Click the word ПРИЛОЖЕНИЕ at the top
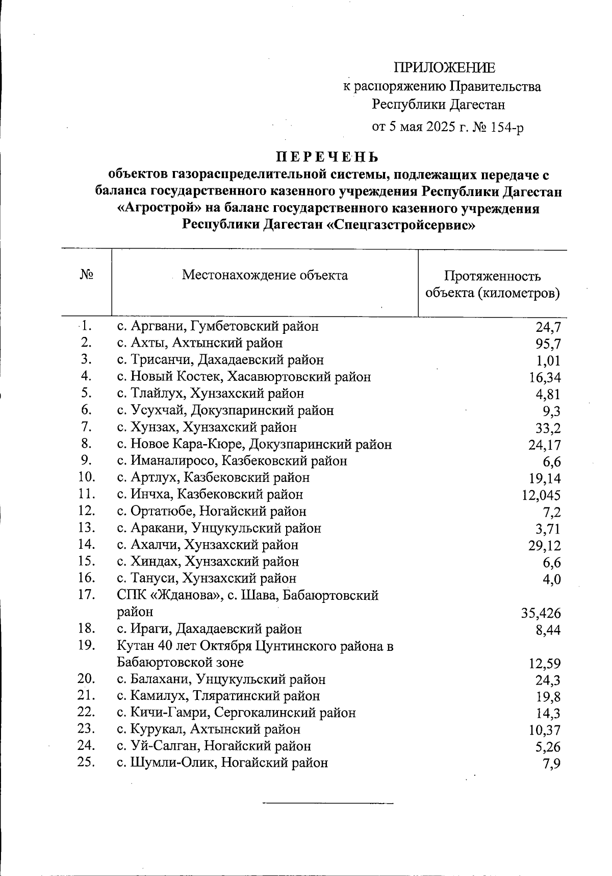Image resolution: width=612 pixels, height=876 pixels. tap(444, 68)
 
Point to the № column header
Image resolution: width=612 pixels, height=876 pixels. tap(87, 275)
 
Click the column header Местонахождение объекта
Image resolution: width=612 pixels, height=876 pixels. tap(265, 276)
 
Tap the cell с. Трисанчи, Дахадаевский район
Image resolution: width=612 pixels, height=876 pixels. tap(220, 360)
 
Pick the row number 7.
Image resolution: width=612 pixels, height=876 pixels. tap(86, 426)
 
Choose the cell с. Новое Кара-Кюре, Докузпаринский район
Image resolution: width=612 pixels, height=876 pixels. tap(254, 444)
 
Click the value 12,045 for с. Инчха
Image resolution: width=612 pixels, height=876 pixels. tap(541, 495)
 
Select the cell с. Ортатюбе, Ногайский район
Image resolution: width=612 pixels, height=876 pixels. tap(212, 511)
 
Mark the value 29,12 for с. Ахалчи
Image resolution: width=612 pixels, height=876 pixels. tap(545, 546)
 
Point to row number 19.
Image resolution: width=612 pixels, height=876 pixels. tap(87, 645)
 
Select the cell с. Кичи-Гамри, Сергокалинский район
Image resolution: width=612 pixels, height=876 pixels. tap(236, 713)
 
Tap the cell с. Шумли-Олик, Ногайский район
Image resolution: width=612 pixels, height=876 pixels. tap(222, 763)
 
